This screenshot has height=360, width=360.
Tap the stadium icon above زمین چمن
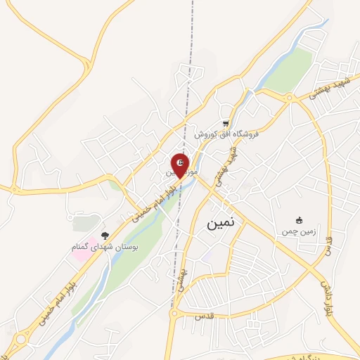pyautogui.click(x=300, y=220)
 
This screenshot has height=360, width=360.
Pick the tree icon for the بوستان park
pyautogui.click(x=105, y=236)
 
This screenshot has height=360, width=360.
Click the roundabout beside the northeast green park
pyautogui.click(x=289, y=98)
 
